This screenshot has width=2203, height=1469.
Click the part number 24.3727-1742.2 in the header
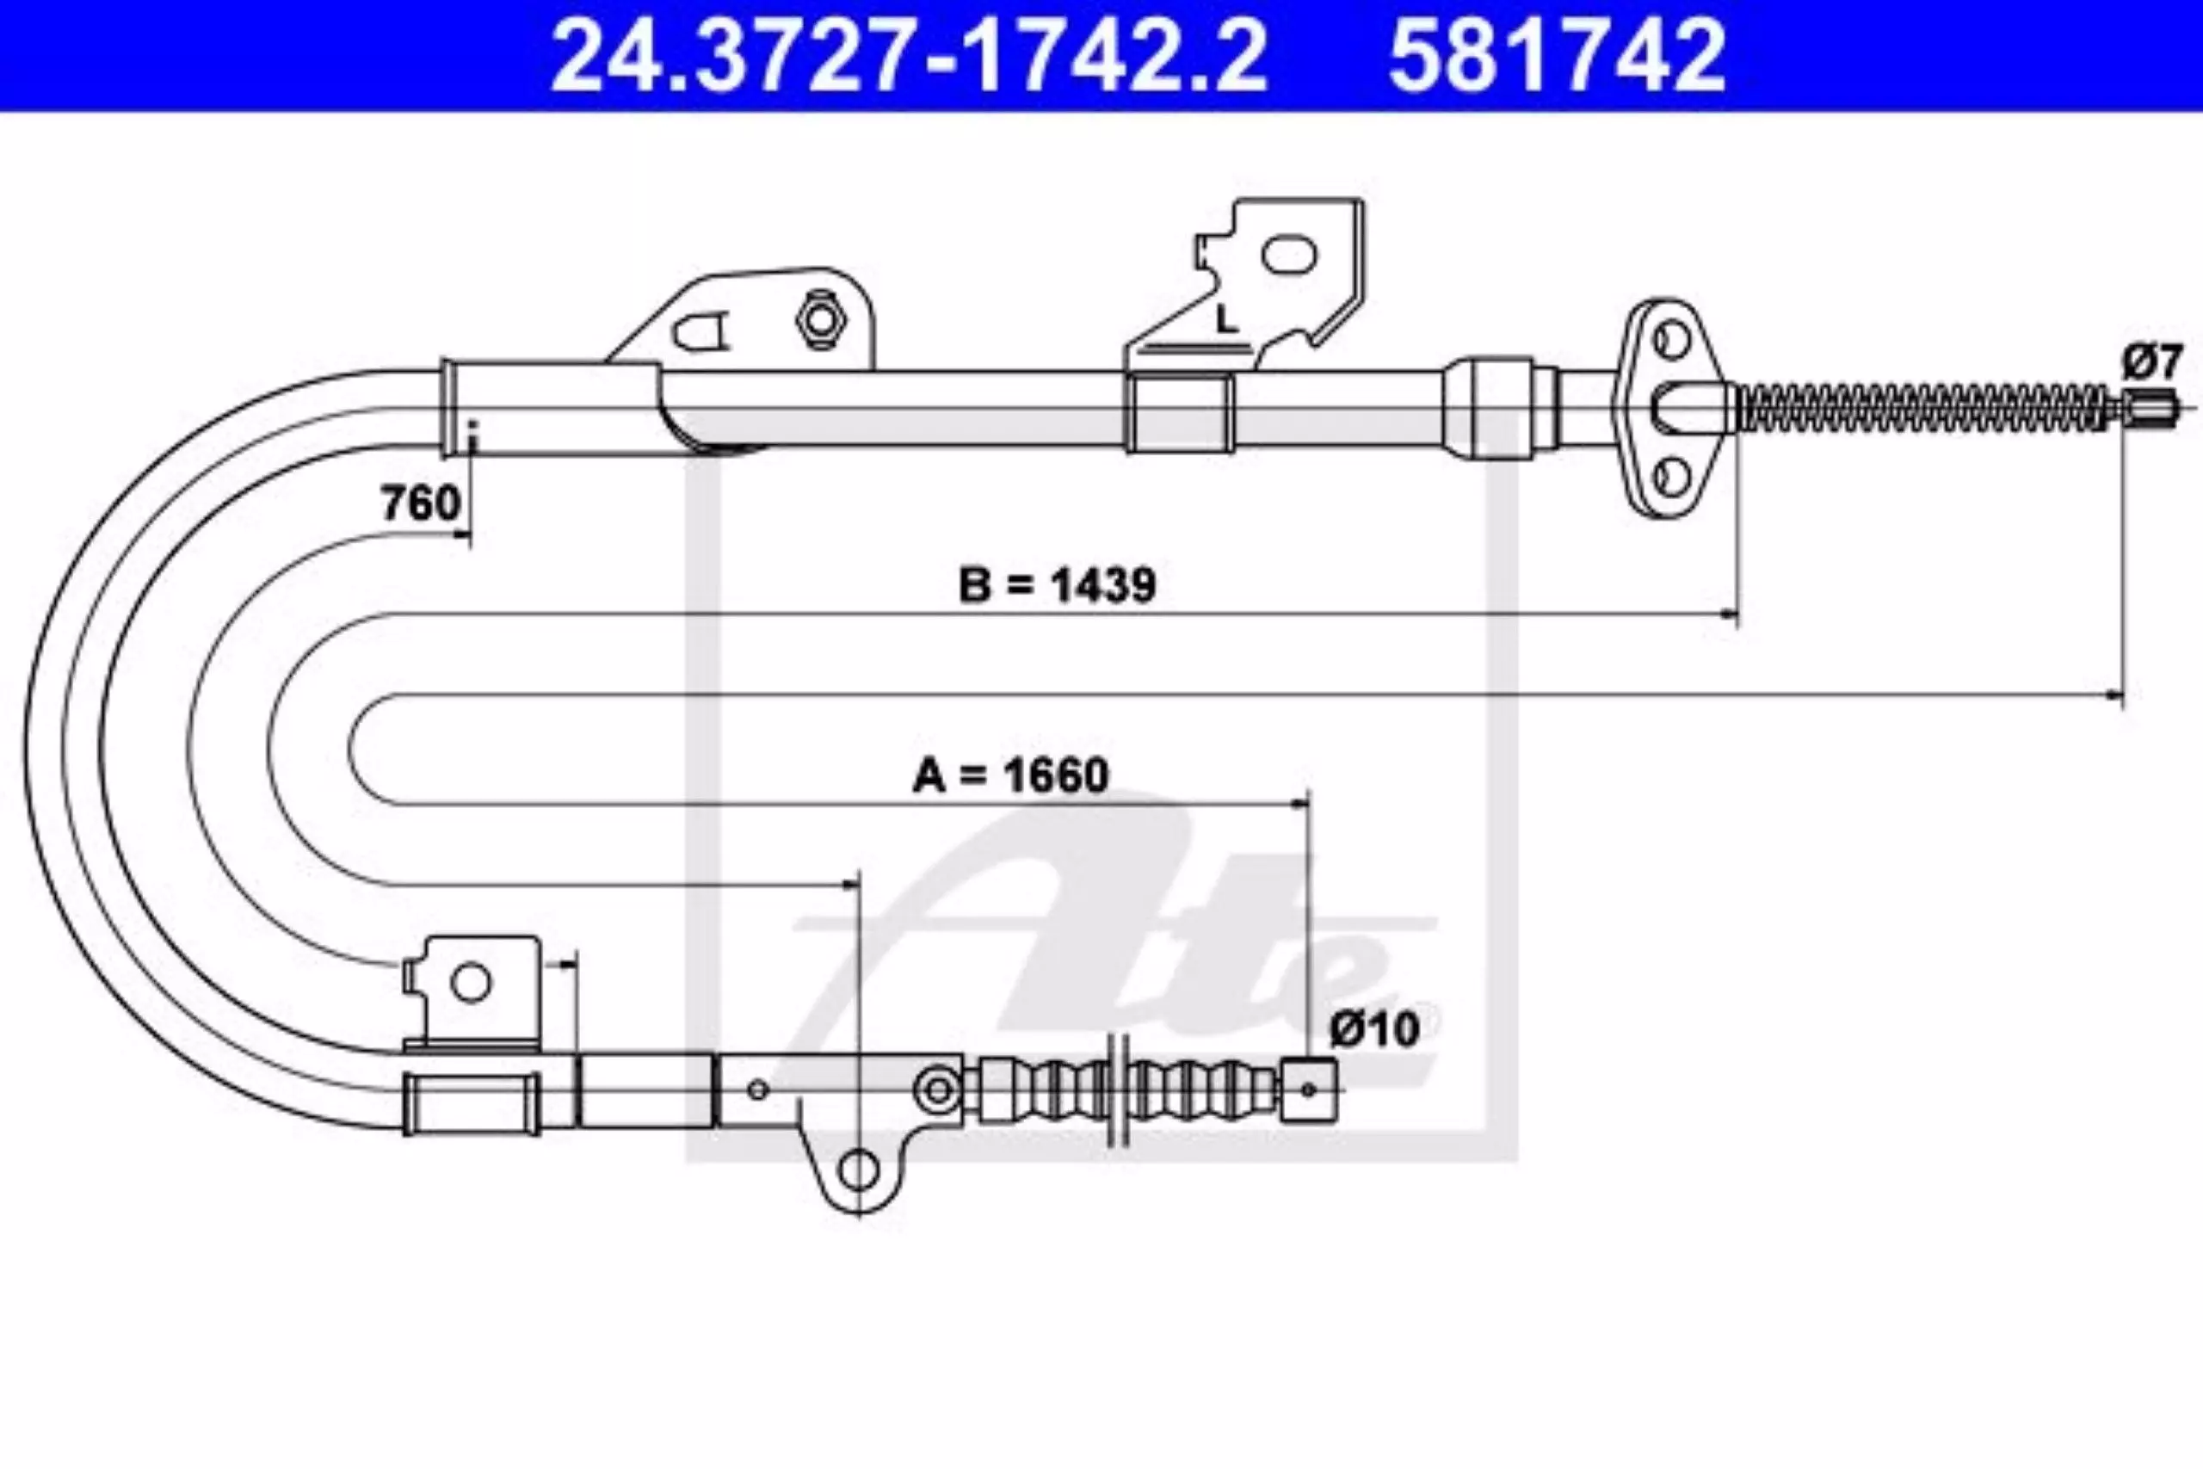click(909, 56)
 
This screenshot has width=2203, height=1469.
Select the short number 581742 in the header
click(1557, 56)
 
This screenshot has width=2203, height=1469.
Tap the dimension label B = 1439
click(1058, 585)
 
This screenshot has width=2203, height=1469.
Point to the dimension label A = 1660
click(1010, 775)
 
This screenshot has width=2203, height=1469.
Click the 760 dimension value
click(421, 503)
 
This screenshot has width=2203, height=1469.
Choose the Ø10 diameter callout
click(1375, 1029)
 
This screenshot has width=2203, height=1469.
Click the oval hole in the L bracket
click(1289, 254)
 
